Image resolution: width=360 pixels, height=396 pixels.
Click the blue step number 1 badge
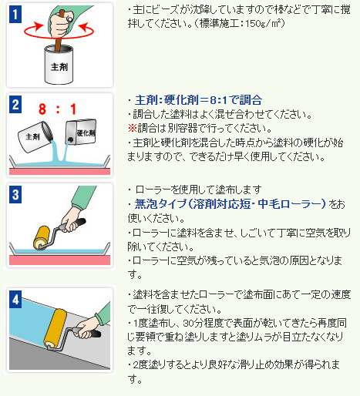point(15,15)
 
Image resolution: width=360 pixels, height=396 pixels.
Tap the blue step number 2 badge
point(15,105)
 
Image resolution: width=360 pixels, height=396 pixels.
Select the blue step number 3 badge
point(15,194)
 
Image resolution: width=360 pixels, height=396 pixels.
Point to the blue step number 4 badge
point(15,300)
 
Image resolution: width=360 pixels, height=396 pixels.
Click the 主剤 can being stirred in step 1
point(59,65)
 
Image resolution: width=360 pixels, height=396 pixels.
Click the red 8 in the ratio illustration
point(42,109)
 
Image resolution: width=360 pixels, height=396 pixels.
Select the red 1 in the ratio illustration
point(73,109)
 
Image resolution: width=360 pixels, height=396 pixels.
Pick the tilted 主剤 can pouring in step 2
point(35,137)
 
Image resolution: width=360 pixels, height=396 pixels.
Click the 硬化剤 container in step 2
point(81,132)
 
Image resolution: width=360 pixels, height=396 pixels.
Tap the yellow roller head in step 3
point(42,238)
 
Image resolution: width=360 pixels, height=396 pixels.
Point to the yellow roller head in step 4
point(55,329)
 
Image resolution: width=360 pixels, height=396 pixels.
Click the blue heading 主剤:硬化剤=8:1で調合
point(198,100)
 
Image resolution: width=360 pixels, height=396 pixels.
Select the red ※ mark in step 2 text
point(133,128)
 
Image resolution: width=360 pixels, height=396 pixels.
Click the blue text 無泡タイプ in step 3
point(160,204)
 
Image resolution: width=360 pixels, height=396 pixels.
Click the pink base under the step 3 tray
point(59,260)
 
